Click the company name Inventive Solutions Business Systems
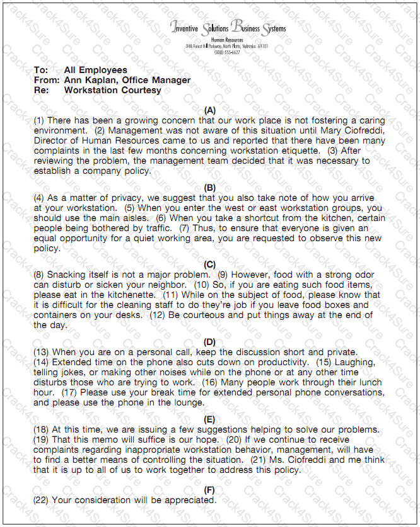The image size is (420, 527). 228,28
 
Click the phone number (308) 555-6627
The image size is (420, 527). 227,52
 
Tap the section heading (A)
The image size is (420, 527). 210,110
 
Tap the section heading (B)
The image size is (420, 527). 210,188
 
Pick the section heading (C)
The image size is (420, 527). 210,264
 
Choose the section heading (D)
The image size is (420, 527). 210,342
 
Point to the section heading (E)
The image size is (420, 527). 210,419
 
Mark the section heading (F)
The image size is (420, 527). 210,489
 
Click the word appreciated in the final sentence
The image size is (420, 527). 188,500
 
